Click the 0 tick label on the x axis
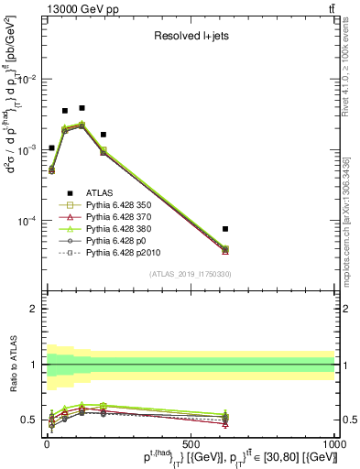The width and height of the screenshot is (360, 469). tap(47, 442)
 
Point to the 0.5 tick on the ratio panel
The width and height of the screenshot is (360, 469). tap(31, 420)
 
